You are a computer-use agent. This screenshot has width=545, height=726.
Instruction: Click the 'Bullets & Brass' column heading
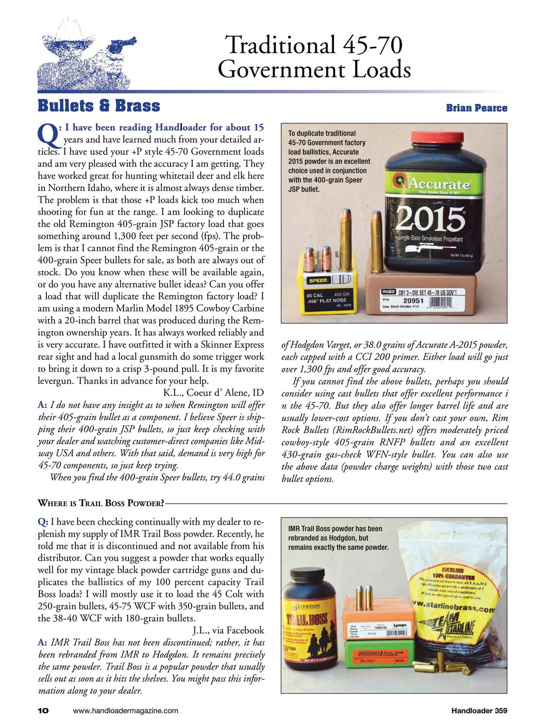point(99,106)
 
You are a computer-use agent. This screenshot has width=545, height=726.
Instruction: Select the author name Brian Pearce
point(476,108)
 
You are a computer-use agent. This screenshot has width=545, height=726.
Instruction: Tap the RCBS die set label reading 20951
point(413,300)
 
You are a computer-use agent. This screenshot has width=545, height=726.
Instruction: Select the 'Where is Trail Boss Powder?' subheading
point(101,503)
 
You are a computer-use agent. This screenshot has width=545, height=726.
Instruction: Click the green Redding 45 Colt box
point(379,654)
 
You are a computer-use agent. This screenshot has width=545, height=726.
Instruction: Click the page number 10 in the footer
point(43,711)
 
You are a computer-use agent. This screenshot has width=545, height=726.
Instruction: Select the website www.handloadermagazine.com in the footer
point(125,711)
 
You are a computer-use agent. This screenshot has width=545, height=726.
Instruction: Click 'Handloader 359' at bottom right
point(479,711)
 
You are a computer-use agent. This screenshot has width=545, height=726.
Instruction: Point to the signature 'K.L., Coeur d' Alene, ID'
point(213,393)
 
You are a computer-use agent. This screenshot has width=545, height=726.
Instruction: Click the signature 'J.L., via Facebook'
point(228,630)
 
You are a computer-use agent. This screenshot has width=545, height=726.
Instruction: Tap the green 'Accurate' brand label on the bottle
point(438,184)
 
